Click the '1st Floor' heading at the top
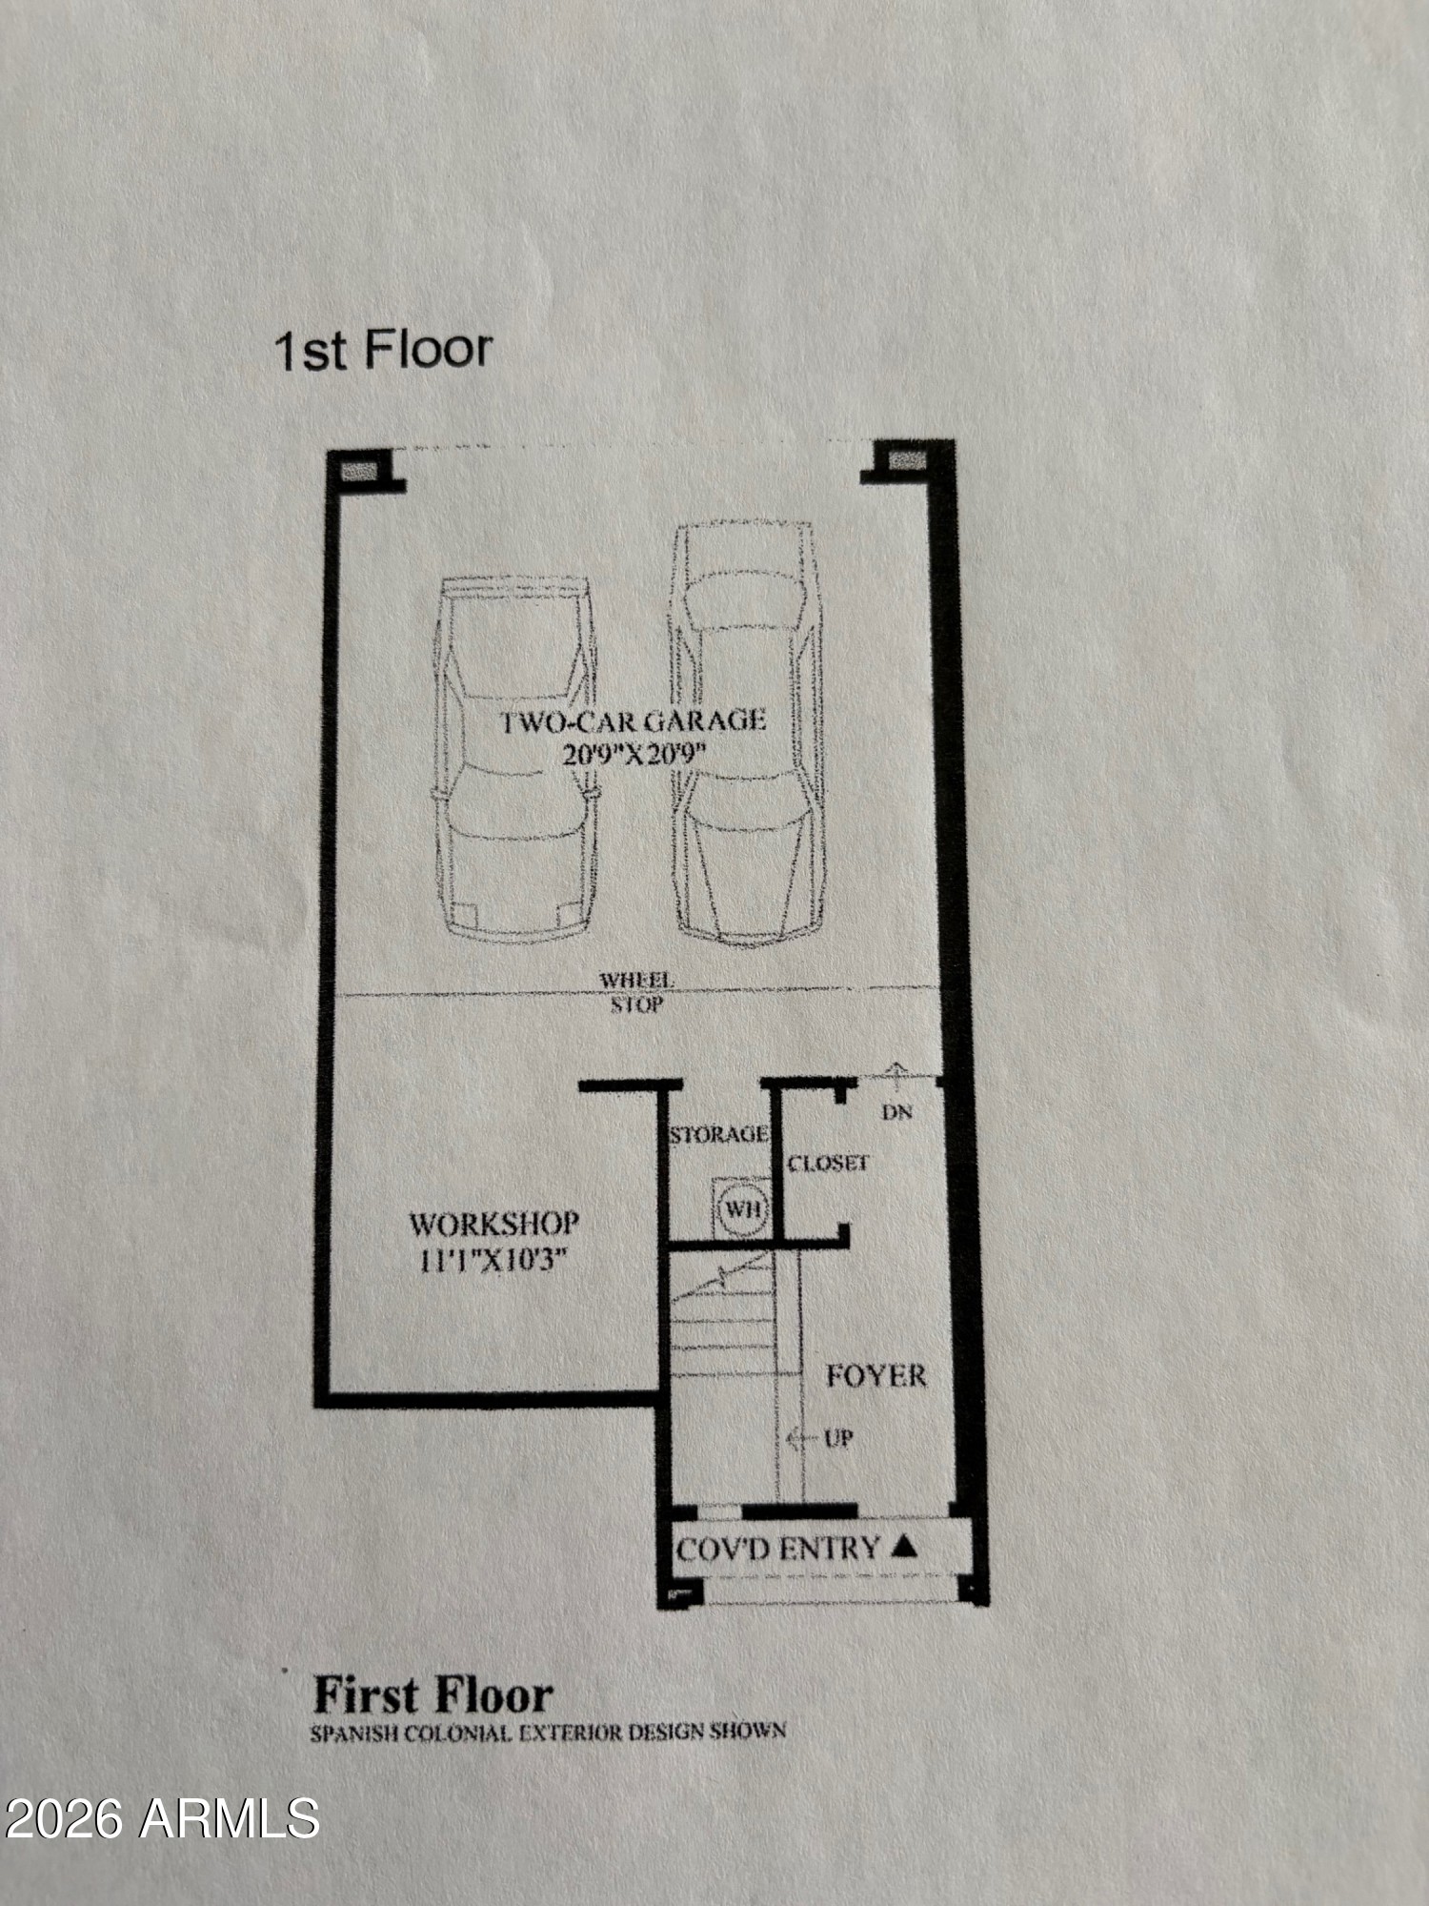(x=383, y=350)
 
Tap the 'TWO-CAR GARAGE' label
(x=634, y=720)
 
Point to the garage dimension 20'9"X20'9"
(x=634, y=754)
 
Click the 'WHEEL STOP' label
(x=636, y=992)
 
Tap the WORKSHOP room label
(x=494, y=1224)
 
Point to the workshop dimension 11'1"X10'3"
(x=493, y=1261)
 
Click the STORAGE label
(x=718, y=1134)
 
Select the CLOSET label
(x=828, y=1163)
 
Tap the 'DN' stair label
(x=897, y=1111)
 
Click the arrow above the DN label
(x=895, y=1076)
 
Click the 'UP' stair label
(x=838, y=1438)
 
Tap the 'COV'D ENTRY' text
(x=777, y=1549)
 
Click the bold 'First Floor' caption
(x=433, y=1695)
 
